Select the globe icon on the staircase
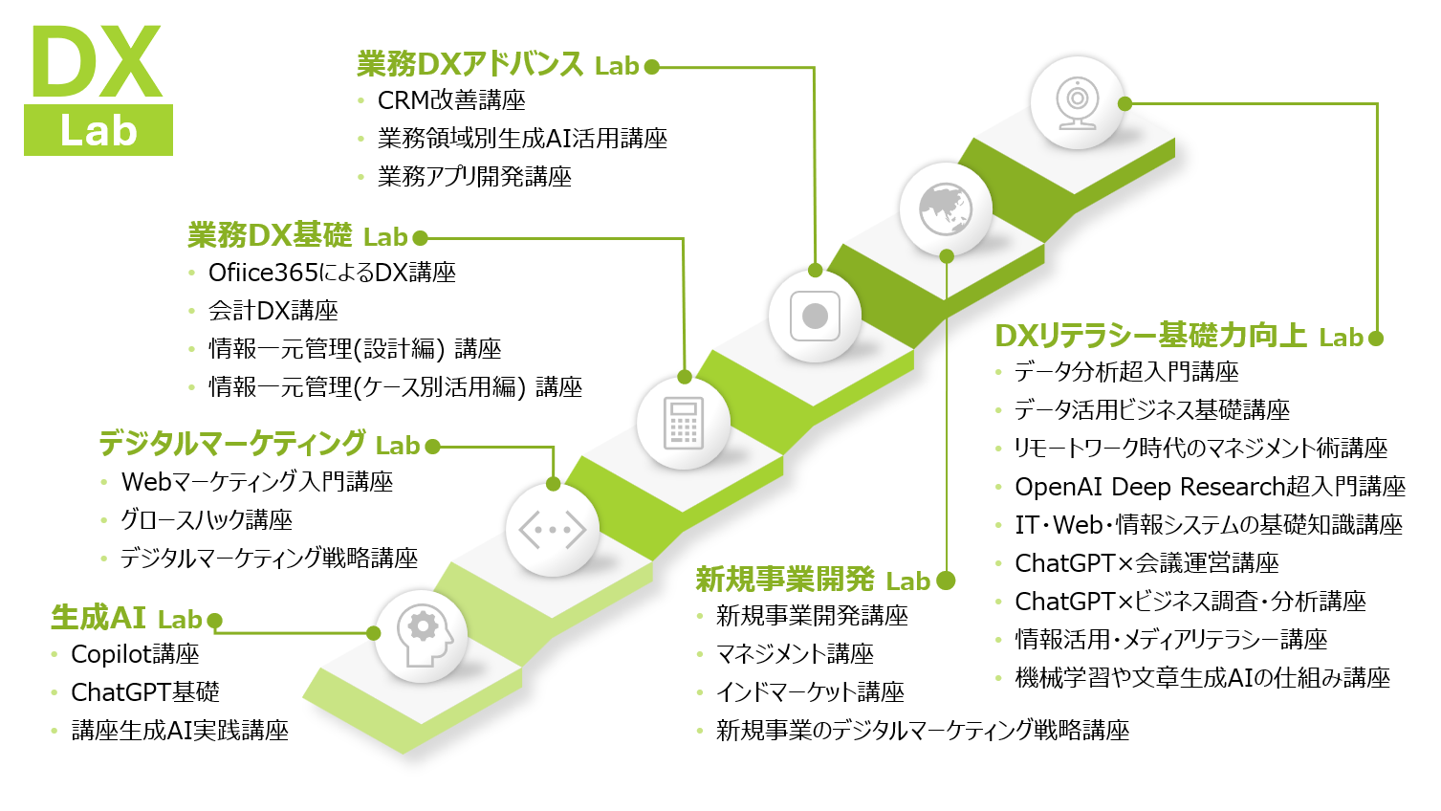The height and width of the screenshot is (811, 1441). pos(945,208)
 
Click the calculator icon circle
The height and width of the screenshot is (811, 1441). pos(683,423)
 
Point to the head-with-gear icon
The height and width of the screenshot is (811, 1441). pos(422,636)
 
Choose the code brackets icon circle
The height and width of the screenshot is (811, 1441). pos(552,529)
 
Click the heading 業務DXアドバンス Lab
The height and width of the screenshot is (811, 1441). pos(497,65)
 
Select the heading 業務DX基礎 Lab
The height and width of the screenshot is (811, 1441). pos(297,235)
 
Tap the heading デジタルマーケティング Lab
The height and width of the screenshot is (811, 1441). pos(259,444)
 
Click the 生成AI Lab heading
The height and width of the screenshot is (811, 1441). pos(126,618)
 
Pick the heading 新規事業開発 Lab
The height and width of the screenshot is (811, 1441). pos(812,580)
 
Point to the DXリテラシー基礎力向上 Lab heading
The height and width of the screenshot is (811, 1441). pos(1178,336)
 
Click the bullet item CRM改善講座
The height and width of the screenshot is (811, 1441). pos(451,100)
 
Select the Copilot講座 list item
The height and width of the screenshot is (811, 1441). pos(135,654)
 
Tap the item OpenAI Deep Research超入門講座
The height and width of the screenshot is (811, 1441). pos(1210,487)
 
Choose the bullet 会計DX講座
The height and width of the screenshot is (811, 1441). pos(273,311)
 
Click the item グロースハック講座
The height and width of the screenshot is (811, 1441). pos(207,520)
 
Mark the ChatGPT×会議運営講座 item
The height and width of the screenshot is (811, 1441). pos(1146,563)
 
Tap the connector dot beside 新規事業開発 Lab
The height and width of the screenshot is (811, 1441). pos(946,581)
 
